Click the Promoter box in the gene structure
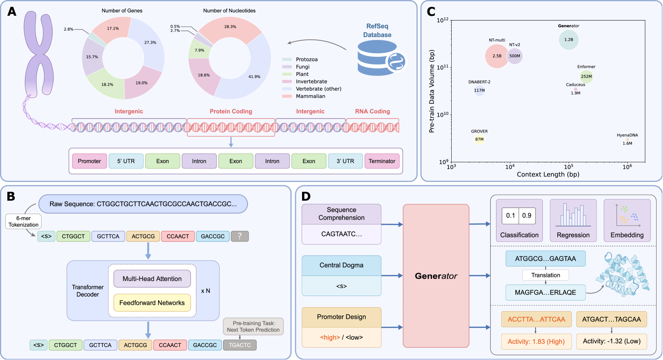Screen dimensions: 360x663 (x=90, y=161)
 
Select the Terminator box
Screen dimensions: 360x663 (x=382, y=161)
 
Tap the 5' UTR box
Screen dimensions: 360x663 (x=126, y=161)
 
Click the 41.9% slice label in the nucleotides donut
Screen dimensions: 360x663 (x=254, y=77)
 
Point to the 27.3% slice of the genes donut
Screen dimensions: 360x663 (x=150, y=43)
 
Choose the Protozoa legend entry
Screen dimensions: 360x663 (x=306, y=60)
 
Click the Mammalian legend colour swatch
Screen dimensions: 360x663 (x=287, y=96)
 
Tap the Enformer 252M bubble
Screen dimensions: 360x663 (x=586, y=77)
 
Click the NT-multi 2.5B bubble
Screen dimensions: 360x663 (x=497, y=56)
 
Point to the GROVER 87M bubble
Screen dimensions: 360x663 (x=479, y=139)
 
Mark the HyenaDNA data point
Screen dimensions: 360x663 (x=627, y=139)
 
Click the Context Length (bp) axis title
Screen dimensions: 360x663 (x=548, y=175)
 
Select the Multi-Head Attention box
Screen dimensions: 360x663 (x=152, y=279)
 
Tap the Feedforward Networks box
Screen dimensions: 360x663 (x=152, y=303)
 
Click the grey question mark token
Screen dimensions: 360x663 (x=240, y=236)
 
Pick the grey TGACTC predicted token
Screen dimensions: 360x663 (x=240, y=345)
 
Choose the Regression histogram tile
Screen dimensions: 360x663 (x=573, y=221)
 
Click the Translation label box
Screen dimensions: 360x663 (x=545, y=275)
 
